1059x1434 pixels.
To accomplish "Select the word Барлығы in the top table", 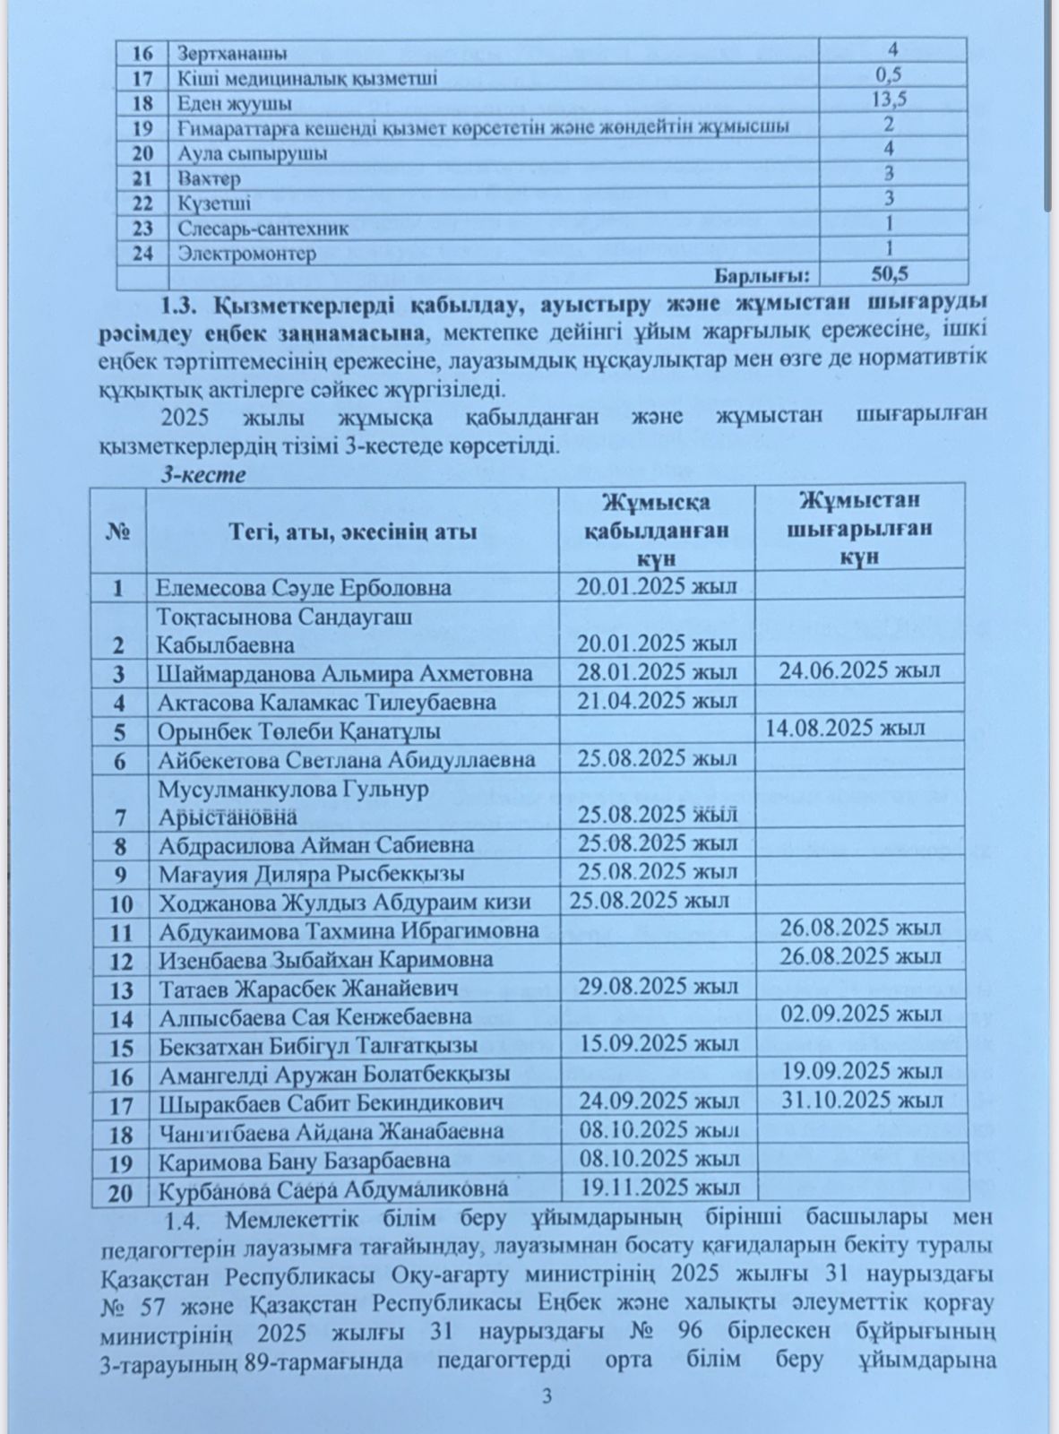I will pos(760,273).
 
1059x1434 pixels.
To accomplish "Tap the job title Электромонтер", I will pos(246,254).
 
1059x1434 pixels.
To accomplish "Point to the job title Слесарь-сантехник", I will pos(263,229).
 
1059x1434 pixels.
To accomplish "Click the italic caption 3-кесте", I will pos(202,475).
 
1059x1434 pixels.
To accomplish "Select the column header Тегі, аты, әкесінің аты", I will pos(351,532).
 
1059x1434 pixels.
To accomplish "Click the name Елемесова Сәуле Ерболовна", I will pos(303,588).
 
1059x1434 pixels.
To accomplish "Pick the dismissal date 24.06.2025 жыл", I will pos(859,670).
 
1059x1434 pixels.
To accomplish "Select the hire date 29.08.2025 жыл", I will pos(658,987).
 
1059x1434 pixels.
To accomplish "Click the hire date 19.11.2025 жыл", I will pos(659,1188).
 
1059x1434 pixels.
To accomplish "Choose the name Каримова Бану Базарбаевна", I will pos(304,1162).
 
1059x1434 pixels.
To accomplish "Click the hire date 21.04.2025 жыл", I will pos(657,700).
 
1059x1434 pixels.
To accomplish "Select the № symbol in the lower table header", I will pos(118,532).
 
